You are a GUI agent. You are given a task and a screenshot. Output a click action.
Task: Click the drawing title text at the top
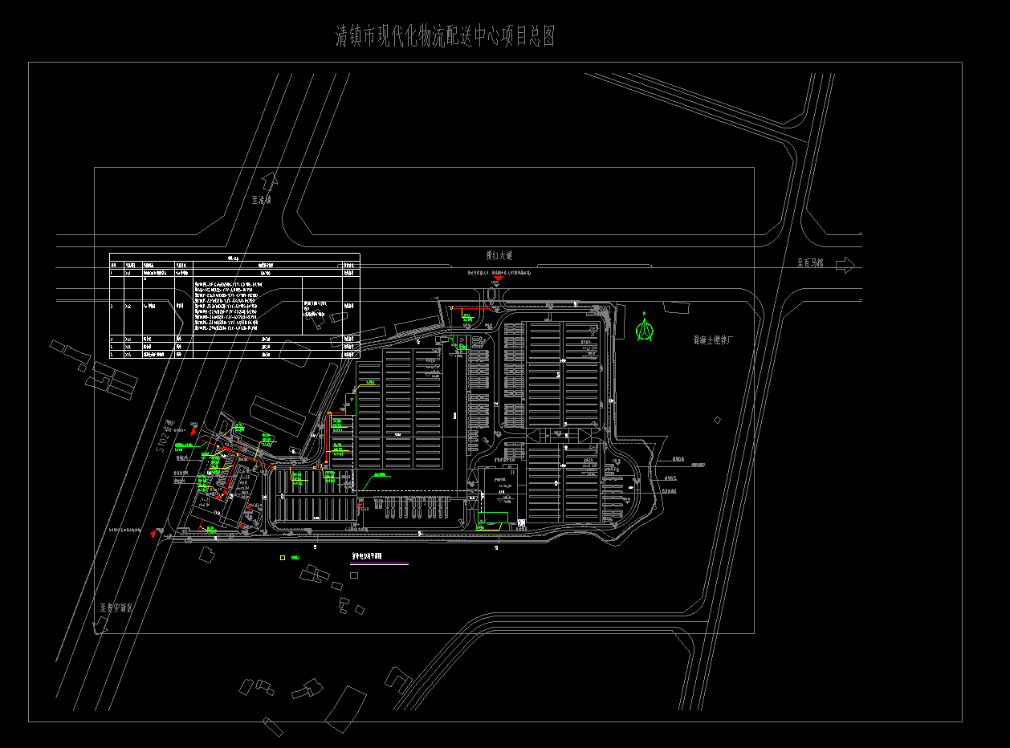click(445, 37)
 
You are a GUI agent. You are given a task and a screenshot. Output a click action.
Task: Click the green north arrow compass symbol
click(644, 328)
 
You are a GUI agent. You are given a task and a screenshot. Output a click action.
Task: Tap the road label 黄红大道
click(499, 255)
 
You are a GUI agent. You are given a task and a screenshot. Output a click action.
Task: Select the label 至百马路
click(811, 263)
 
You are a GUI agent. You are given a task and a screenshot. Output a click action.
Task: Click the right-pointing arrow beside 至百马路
click(845, 264)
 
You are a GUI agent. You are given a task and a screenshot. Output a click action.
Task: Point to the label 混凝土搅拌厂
click(713, 340)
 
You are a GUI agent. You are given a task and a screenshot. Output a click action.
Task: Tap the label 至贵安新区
click(116, 608)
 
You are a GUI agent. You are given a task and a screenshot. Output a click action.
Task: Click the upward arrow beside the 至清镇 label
click(269, 181)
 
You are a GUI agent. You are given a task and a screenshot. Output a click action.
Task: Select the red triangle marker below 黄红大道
click(498, 279)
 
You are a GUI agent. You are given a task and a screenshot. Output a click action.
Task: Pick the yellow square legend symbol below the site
click(283, 558)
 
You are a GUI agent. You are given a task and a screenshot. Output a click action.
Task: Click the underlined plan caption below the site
click(367, 555)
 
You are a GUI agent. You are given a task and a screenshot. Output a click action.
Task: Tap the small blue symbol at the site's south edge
click(521, 523)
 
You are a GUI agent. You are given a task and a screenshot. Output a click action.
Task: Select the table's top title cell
click(234, 258)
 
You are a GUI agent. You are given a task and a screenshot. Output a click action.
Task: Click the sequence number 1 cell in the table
click(114, 272)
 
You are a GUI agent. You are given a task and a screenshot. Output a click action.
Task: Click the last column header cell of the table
click(349, 264)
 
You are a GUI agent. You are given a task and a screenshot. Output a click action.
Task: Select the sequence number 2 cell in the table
click(114, 306)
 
